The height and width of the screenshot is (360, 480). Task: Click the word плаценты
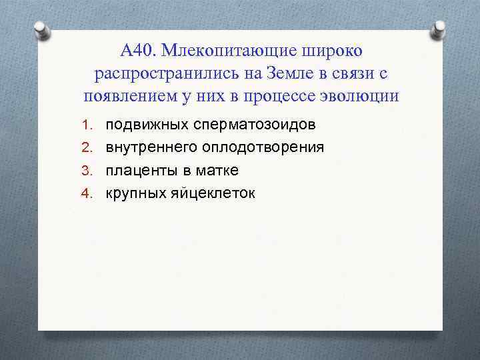[x=137, y=170]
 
